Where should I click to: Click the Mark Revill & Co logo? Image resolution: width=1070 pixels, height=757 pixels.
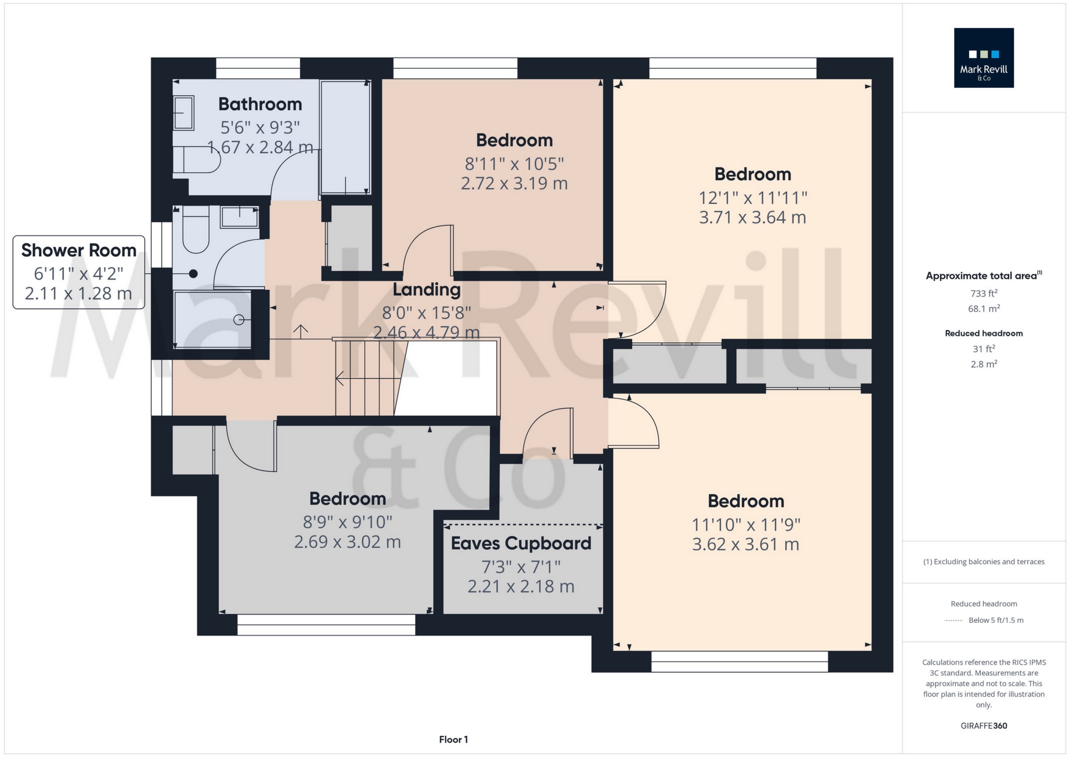tap(983, 58)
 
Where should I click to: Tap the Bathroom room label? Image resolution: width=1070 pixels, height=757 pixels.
tap(260, 104)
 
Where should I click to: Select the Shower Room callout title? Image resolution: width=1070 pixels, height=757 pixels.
tap(79, 250)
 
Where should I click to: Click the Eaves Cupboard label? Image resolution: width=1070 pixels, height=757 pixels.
tap(520, 544)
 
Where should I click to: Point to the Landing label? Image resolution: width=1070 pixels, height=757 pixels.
tap(426, 289)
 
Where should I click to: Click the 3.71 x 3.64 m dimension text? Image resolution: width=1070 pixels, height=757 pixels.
tap(752, 217)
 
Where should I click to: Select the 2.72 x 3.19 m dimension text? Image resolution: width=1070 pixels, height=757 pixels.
tap(514, 183)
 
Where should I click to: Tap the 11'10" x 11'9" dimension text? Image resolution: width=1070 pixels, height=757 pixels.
tap(746, 525)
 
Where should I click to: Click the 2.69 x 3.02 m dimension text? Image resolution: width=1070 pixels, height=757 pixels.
tap(347, 542)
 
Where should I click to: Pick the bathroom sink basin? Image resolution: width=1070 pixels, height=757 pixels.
tap(184, 113)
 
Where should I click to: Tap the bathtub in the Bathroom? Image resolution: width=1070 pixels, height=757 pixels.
tap(345, 137)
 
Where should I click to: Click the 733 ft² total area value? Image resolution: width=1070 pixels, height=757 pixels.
tap(983, 294)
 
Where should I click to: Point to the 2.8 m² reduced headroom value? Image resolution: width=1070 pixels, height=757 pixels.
tap(983, 364)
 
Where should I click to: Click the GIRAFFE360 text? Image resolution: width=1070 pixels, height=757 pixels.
tap(983, 726)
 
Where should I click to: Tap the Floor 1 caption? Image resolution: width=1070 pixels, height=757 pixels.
tap(453, 740)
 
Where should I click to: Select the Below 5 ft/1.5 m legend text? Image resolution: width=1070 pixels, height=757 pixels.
tap(995, 620)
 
